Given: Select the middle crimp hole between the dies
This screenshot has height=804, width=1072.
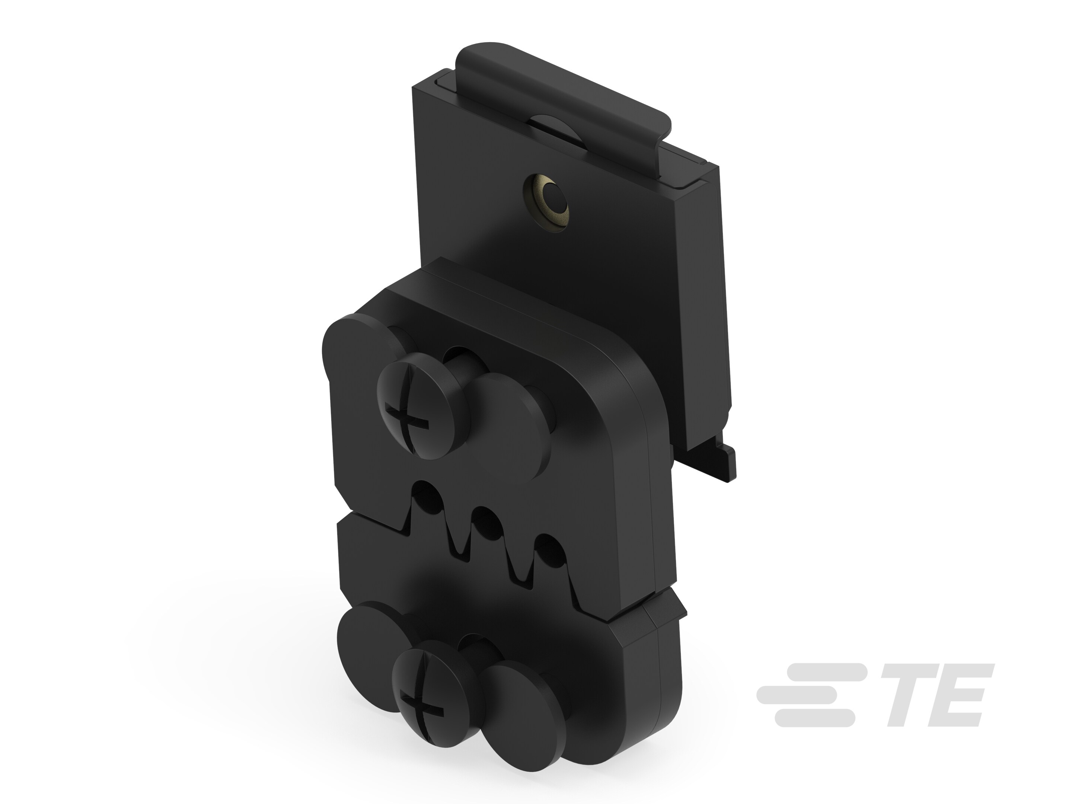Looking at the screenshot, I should point(486,523).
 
